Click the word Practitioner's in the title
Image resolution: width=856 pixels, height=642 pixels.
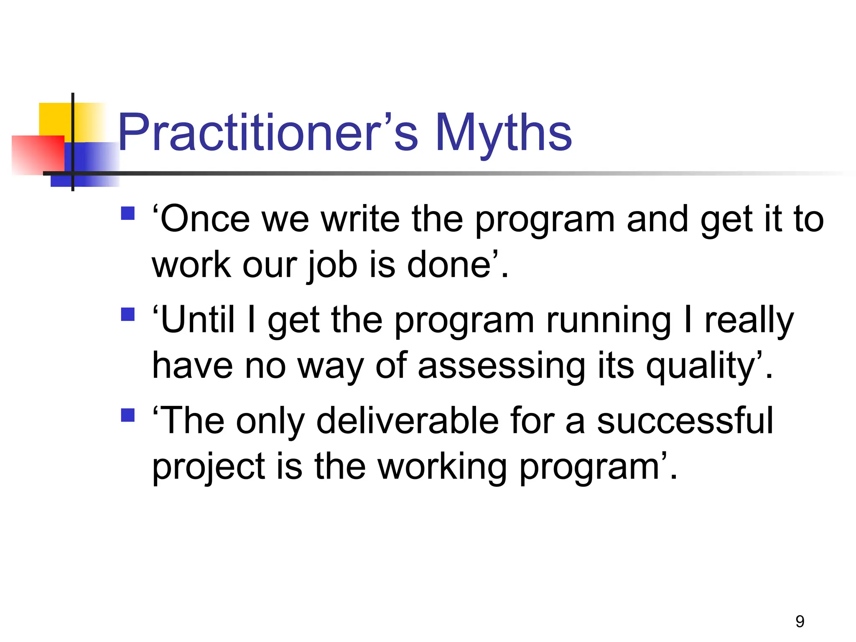pos(267,132)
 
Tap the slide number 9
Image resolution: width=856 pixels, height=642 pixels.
pos(800,622)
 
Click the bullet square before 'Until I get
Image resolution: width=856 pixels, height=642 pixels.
pos(127,314)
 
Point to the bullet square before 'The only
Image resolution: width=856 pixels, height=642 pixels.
pos(127,415)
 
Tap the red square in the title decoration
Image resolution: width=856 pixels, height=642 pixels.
pos(38,155)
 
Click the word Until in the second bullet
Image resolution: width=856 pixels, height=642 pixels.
pos(196,320)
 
